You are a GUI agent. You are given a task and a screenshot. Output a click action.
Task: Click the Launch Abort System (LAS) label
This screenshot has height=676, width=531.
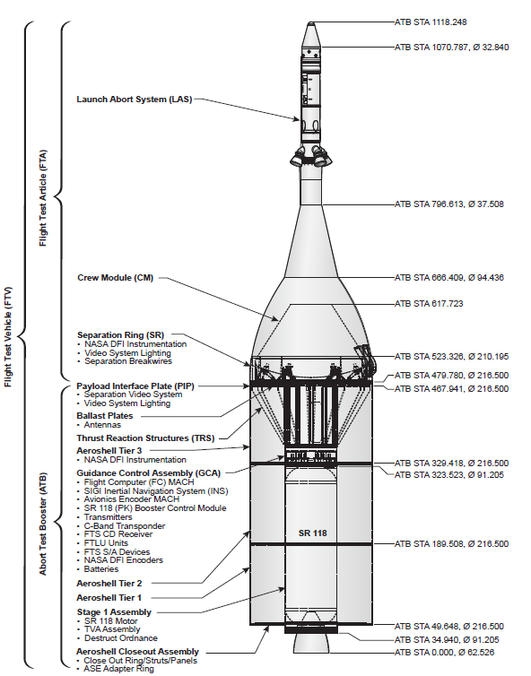[x=135, y=100]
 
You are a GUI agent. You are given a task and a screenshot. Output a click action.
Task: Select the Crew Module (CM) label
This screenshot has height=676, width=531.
[x=115, y=278]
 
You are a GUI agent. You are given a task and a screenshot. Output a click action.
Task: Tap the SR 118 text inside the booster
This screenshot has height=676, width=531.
[x=313, y=533]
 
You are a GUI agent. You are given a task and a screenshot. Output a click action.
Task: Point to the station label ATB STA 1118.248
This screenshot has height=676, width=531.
[x=431, y=22]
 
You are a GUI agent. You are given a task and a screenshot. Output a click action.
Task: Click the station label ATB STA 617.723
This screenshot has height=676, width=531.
[x=429, y=304]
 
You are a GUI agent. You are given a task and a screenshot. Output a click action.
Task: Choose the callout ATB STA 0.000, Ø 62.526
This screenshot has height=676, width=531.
[x=444, y=653]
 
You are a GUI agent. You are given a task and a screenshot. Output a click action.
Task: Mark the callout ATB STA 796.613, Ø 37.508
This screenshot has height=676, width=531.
[x=449, y=204]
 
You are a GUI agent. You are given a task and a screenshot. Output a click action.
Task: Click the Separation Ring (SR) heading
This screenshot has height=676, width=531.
[x=121, y=335]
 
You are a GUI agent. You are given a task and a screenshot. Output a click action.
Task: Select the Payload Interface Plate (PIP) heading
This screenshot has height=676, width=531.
[x=135, y=386]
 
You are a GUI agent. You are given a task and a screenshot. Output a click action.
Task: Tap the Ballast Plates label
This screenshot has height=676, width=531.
[x=105, y=416]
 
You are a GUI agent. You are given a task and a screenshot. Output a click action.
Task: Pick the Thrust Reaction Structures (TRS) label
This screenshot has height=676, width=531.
[x=145, y=438]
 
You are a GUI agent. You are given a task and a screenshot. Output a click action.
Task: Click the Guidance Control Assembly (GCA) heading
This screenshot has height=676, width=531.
[x=148, y=473]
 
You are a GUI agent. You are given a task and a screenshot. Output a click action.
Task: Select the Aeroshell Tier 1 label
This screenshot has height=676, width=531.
[x=109, y=597]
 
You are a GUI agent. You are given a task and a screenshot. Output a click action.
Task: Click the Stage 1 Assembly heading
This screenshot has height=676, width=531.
[x=114, y=612]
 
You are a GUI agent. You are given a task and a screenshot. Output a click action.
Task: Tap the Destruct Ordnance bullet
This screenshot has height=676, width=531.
[x=118, y=638]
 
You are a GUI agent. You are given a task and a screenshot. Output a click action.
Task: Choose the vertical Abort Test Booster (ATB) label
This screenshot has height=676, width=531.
[x=43, y=524]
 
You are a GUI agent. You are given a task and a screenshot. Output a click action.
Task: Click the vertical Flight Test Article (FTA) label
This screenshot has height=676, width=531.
[x=43, y=198]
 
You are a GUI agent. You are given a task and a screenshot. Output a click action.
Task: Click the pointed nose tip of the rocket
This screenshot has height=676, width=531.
[x=310, y=22]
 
